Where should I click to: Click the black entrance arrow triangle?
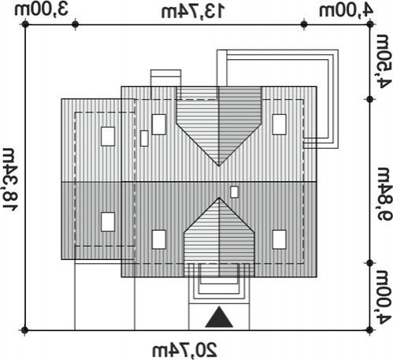[x=219, y=317]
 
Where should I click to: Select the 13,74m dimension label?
[x=193, y=12]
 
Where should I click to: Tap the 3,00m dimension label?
[x=42, y=10]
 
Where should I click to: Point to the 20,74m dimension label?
[x=185, y=350]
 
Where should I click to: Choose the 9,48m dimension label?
[x=383, y=194]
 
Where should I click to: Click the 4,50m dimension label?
[x=383, y=61]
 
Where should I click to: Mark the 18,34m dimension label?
[x=11, y=180]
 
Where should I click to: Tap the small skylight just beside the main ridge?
[x=234, y=192]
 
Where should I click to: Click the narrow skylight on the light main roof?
[x=144, y=139]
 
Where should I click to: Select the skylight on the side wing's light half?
[x=108, y=136]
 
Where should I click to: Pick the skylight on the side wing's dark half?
[x=108, y=222]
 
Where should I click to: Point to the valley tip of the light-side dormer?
[x=219, y=166]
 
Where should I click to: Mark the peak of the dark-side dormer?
[x=219, y=198]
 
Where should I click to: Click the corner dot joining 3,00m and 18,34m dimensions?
[x=25, y=24]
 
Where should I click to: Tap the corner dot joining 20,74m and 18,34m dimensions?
[x=24, y=330]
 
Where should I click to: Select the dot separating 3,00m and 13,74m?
[x=76, y=24]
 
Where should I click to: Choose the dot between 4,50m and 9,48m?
[x=370, y=99]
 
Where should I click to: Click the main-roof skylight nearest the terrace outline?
[x=279, y=124]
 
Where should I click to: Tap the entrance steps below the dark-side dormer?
[x=219, y=288]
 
